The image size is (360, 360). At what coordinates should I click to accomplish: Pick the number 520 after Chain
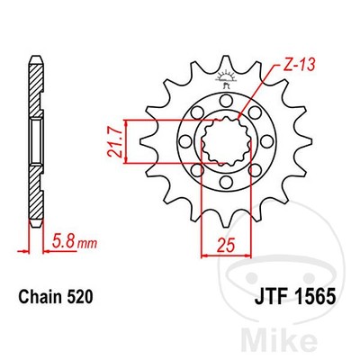[x=82, y=294]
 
